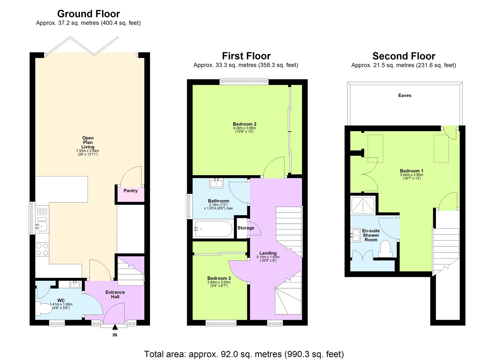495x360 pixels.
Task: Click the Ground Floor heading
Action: pos(88,14)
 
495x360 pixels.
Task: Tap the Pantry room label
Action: pos(130,191)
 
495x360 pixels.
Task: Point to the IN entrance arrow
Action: pos(115,327)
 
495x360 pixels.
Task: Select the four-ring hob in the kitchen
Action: pos(42,249)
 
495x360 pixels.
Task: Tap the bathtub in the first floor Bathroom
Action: pos(213,229)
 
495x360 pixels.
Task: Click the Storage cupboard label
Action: pos(246,228)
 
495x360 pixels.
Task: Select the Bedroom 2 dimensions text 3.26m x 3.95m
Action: pos(244,128)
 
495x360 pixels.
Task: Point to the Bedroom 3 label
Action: pos(219,278)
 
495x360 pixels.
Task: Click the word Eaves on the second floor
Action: pos(405,95)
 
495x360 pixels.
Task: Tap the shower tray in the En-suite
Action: pos(363,205)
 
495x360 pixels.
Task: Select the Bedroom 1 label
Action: pos(411,171)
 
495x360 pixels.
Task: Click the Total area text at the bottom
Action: pos(244,354)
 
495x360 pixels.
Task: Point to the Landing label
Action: pos(268,253)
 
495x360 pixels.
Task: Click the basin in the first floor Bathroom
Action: pos(216,183)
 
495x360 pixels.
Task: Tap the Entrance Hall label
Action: pos(115,294)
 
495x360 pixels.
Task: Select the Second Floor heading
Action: pos(404,56)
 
